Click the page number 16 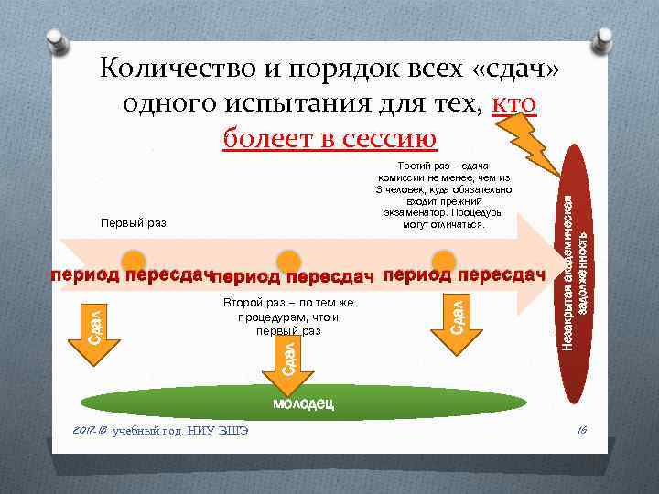click(582, 429)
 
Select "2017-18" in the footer click(91, 429)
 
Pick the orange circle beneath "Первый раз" click(135, 261)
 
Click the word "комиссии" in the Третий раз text click(401, 177)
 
